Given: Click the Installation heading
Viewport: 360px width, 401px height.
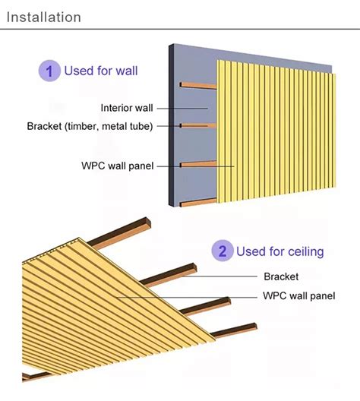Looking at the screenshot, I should pyautogui.click(x=43, y=16).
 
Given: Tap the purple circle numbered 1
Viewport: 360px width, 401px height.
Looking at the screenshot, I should pyautogui.click(x=49, y=71).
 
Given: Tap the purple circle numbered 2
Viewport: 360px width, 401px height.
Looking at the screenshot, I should pyautogui.click(x=222, y=251).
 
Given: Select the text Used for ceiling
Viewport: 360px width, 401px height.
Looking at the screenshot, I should pyautogui.click(x=280, y=251).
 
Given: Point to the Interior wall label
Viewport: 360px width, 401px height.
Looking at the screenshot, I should pyautogui.click(x=128, y=107).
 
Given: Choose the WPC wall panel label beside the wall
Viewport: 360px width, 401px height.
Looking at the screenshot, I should pyautogui.click(x=118, y=165).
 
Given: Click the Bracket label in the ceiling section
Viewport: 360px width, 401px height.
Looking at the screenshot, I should pyautogui.click(x=281, y=276).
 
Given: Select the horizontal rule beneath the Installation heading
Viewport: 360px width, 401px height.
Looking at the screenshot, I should pyautogui.click(x=180, y=30).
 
